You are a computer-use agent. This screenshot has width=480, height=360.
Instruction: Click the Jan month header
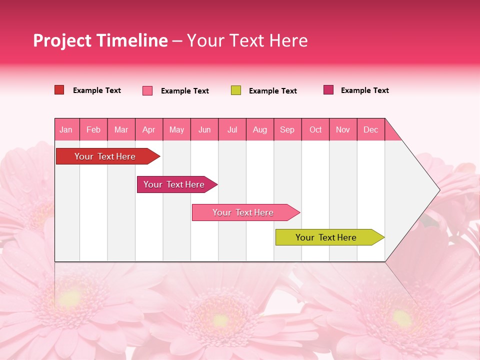pyautogui.click(x=66, y=129)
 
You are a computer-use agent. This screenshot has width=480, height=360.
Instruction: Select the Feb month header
pyautogui.click(x=93, y=129)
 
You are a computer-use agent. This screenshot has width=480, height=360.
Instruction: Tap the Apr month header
pyautogui.click(x=149, y=129)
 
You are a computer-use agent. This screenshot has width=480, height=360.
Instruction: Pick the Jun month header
pyautogui.click(x=204, y=129)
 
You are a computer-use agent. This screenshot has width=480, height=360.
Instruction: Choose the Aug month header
pyautogui.click(x=260, y=129)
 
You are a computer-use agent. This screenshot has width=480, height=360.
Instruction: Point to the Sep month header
pyautogui.click(x=287, y=129)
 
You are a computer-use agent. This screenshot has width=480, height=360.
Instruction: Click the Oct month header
pyautogui.click(x=315, y=129)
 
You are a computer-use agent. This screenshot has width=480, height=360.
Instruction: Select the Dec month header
pyautogui.click(x=371, y=129)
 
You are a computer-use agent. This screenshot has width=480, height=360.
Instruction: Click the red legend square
pyautogui.click(x=59, y=90)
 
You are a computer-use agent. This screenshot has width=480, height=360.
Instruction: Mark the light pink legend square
pyautogui.click(x=147, y=90)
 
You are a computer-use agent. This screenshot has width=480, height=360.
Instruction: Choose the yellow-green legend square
pyautogui.click(x=236, y=90)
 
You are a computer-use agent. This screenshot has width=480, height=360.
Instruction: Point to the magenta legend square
pyautogui.click(x=328, y=90)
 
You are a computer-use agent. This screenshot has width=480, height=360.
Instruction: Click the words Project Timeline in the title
pyautogui.click(x=100, y=40)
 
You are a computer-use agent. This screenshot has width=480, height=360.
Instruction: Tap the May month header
pyautogui.click(x=176, y=129)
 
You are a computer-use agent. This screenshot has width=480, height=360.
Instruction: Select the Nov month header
pyautogui.click(x=343, y=129)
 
